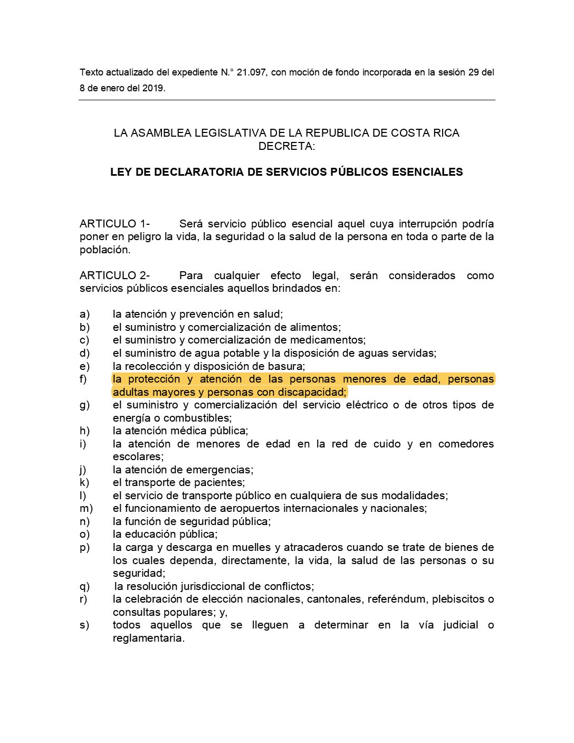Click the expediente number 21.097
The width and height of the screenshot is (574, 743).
click(x=251, y=72)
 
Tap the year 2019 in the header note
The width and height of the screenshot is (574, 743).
click(x=152, y=88)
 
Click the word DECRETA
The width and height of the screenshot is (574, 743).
click(x=285, y=146)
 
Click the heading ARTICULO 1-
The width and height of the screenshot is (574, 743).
click(x=114, y=224)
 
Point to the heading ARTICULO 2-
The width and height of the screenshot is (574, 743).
click(x=114, y=275)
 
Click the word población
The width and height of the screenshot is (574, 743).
click(x=104, y=250)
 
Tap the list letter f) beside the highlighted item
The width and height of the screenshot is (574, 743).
click(x=83, y=379)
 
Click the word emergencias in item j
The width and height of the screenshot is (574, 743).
click(x=222, y=470)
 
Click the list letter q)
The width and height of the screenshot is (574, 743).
click(x=84, y=586)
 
